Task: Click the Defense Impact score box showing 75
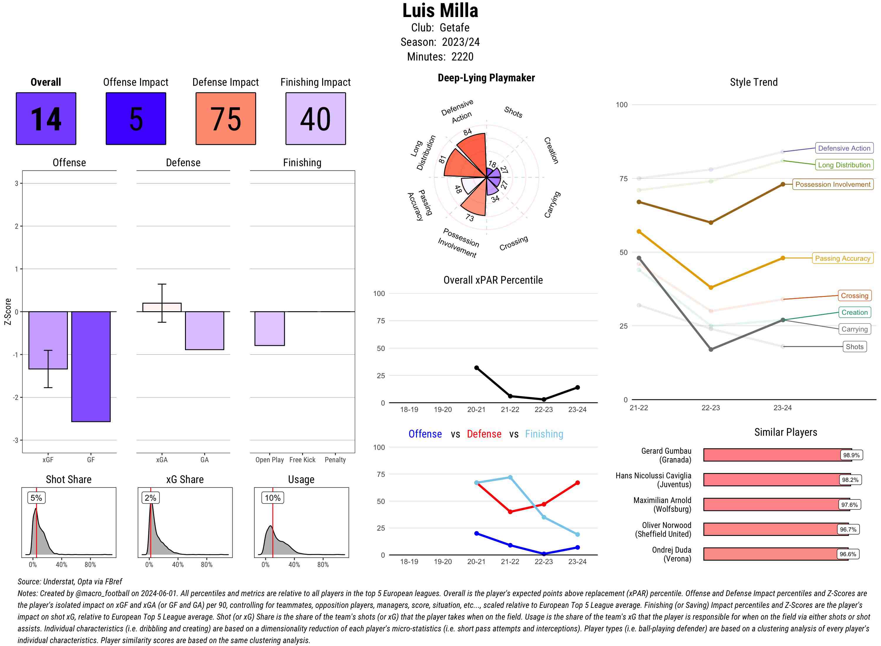coord(226,119)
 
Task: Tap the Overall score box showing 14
coord(46,119)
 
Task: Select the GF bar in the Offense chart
coord(91,366)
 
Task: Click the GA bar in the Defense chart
coord(204,330)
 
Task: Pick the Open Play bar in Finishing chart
coord(269,329)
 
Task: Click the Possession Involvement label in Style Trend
coord(833,185)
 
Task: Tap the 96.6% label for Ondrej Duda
coord(848,554)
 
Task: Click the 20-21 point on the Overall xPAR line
coord(477,368)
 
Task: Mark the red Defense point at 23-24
coord(578,483)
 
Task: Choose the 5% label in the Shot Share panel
coord(36,498)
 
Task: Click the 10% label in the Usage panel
coord(273,498)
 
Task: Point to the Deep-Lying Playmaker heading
coord(486,78)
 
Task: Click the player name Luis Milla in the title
coord(440,11)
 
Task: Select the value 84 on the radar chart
coord(468,132)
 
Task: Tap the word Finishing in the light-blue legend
coord(544,434)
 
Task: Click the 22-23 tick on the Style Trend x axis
coord(710,408)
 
